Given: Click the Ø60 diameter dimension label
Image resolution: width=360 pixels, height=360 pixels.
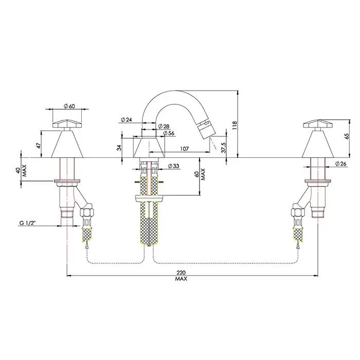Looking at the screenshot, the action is coord(69,106).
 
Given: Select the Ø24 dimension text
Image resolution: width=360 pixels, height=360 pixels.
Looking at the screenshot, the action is coord(127,119).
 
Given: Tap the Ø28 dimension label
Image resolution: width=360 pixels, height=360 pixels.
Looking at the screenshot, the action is coord(164,126).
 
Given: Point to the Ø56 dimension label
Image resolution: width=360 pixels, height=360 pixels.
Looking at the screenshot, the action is coord(169,133).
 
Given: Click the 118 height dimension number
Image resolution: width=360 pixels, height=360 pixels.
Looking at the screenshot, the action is coord(235,125).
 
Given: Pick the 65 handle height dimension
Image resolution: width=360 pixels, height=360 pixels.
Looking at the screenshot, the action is coord(347,136).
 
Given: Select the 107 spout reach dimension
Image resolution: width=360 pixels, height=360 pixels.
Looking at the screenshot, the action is coord(184,149).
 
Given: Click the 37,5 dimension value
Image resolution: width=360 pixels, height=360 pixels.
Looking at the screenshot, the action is coord(224,148).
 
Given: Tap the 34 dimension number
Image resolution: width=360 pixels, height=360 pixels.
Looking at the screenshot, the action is coord(119,148).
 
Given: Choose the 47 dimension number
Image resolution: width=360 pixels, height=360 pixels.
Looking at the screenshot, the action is coord(39,146).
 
